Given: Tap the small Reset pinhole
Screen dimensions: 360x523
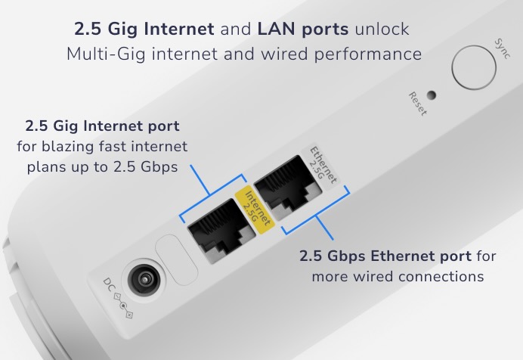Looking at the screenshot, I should click(x=432, y=95).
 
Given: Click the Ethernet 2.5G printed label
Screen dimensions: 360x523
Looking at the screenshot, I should click(x=322, y=167).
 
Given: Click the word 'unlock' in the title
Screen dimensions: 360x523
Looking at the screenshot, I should click(x=381, y=29).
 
